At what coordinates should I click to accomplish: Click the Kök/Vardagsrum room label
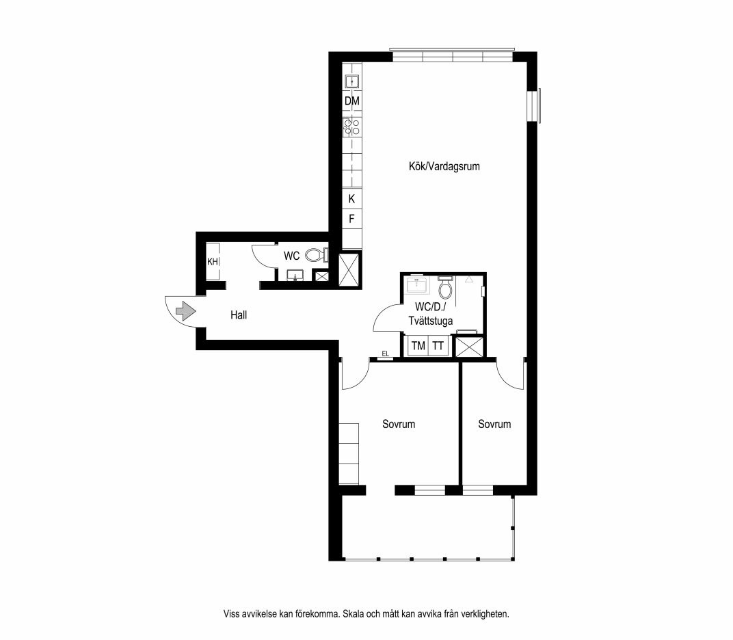444,166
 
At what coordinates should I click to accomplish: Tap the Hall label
239,315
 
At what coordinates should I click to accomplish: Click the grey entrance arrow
185,310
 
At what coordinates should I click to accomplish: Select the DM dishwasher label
352,101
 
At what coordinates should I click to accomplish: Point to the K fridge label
351,199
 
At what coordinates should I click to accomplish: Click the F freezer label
351,218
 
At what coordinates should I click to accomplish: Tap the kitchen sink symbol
351,82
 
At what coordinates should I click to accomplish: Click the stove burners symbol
351,127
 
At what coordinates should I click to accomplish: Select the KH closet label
213,262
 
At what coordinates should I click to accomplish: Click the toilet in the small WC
316,255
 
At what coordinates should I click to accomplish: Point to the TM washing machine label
418,346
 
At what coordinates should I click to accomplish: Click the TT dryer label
438,346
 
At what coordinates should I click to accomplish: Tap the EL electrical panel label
385,354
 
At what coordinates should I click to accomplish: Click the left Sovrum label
399,424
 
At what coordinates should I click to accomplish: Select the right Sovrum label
494,424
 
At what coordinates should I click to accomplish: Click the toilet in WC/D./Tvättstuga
446,287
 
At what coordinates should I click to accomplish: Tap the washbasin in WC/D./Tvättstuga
418,284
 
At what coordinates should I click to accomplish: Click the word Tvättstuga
431,321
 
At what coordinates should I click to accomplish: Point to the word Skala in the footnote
354,614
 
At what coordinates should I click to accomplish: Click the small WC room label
292,256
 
